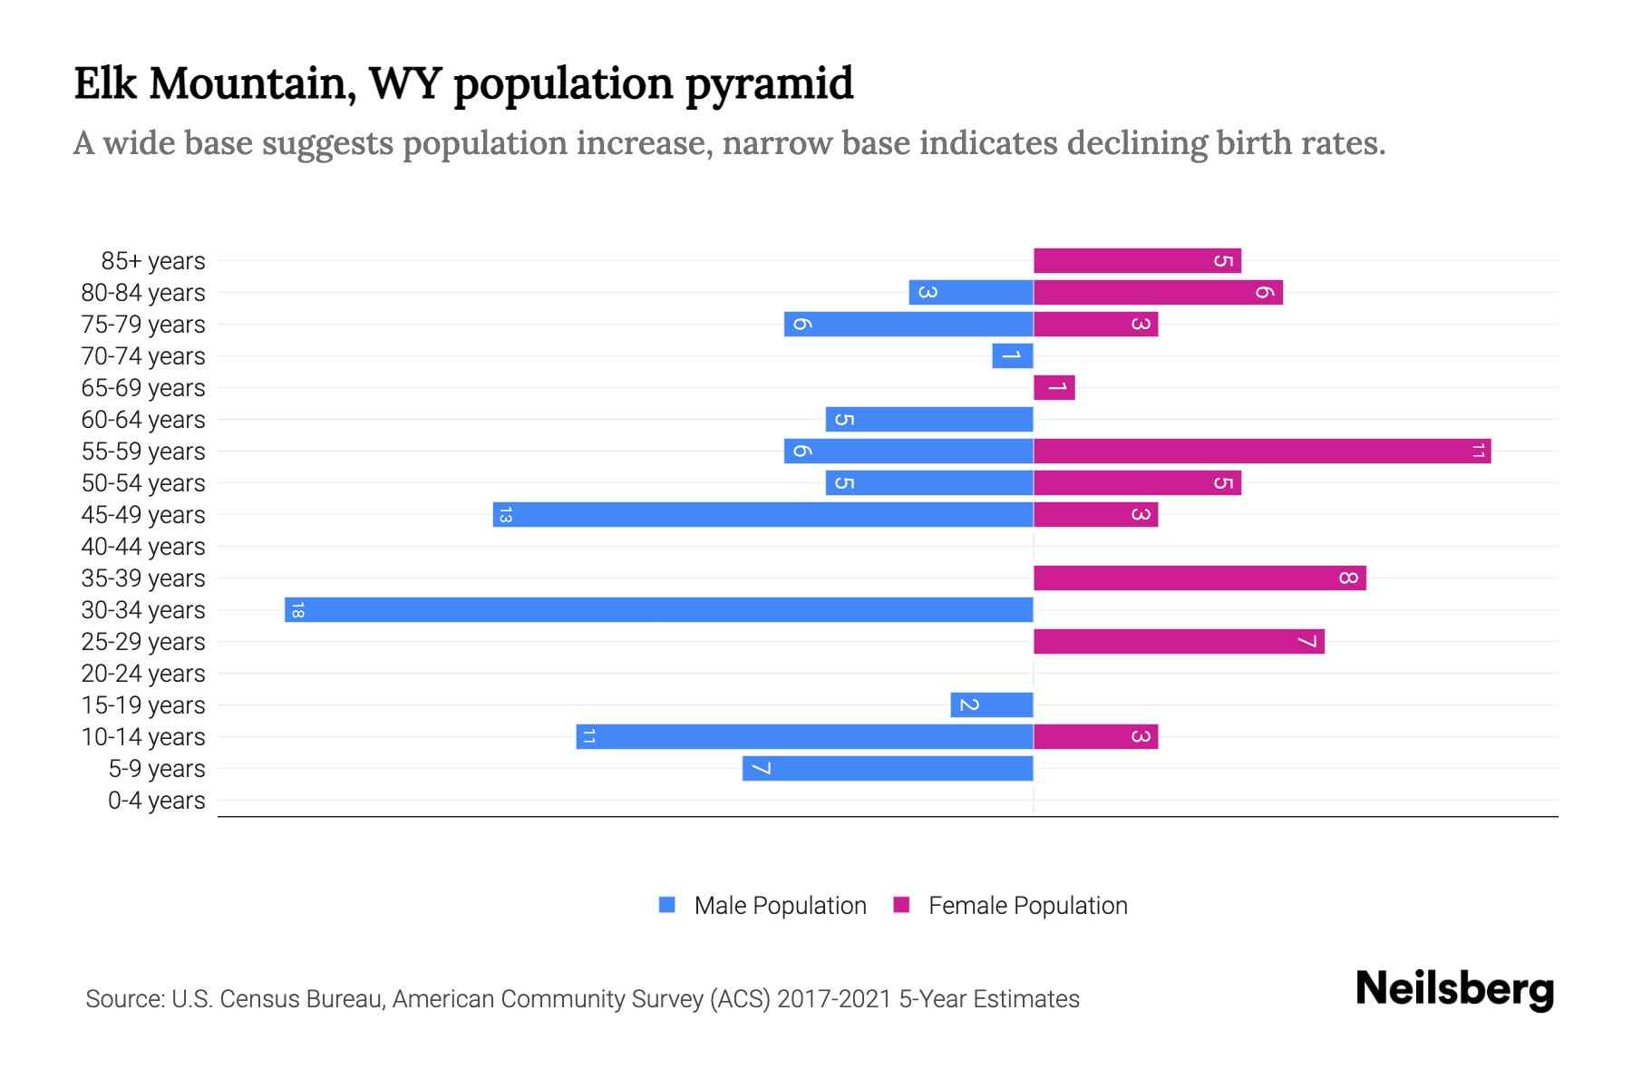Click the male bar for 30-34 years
click(659, 609)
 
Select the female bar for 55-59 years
click(1262, 451)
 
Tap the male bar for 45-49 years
click(763, 514)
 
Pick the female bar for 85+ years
click(1137, 260)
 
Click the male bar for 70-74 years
click(1013, 355)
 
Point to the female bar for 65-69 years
click(1054, 387)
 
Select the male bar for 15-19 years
click(992, 704)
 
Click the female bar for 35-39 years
click(1200, 578)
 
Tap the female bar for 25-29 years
click(1179, 641)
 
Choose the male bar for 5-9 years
click(888, 768)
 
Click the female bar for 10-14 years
click(1095, 736)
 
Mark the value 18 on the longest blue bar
click(297, 610)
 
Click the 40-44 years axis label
click(143, 547)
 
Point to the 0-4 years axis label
click(157, 801)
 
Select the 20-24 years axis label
click(143, 674)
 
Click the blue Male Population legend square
click(667, 905)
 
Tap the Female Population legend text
click(1027, 905)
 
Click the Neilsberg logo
click(1454, 989)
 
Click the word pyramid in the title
click(769, 83)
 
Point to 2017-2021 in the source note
click(833, 999)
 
